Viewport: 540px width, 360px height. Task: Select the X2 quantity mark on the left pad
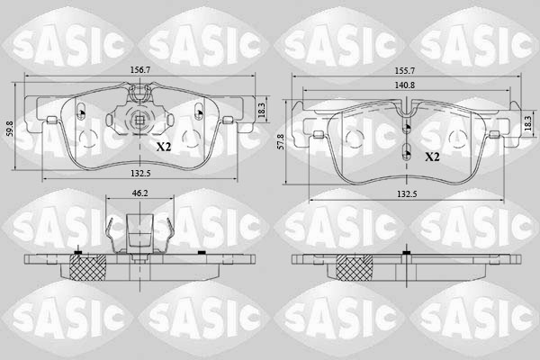(x=164, y=147)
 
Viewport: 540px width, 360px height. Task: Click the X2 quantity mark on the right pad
(x=432, y=157)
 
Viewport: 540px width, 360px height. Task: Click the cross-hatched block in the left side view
(x=88, y=266)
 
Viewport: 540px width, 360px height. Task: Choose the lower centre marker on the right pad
(x=406, y=149)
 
